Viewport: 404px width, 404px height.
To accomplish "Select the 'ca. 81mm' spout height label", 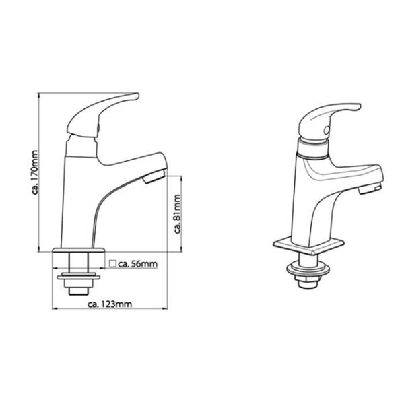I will pos(177,213).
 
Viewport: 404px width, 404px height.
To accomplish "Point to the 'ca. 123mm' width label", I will pos(110,304).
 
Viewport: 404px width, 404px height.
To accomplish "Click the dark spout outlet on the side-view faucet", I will pos(154,178).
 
